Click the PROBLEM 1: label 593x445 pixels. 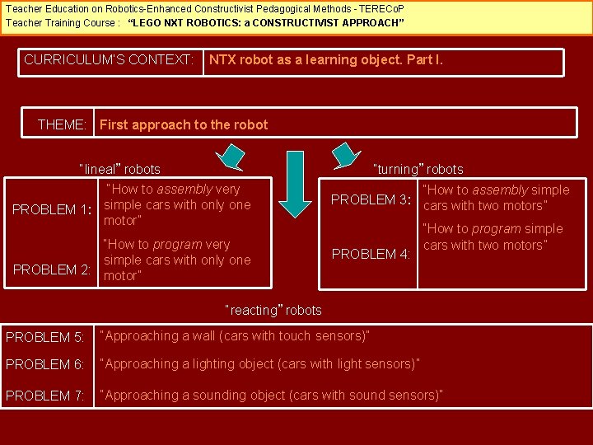(x=51, y=209)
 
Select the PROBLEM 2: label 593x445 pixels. (x=51, y=269)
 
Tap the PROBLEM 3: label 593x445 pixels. (x=371, y=199)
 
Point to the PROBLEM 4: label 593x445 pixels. (x=371, y=254)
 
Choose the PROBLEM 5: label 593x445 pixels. (x=44, y=337)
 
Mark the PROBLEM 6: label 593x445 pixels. (x=44, y=364)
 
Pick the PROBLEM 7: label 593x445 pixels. (x=44, y=396)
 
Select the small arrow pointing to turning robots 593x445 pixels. (x=345, y=153)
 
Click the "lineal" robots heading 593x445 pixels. (x=120, y=170)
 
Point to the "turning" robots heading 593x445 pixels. (x=418, y=170)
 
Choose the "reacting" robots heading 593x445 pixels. (x=274, y=311)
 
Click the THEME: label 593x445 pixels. (x=63, y=125)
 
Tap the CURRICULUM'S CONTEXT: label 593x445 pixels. (x=110, y=60)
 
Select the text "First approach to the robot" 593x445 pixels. (x=183, y=125)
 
